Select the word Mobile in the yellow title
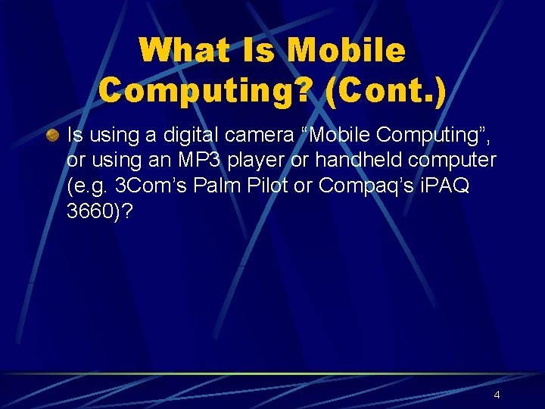[x=347, y=52]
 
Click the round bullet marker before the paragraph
[x=51, y=136]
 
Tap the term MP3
[x=201, y=161]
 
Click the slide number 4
[x=497, y=395]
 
